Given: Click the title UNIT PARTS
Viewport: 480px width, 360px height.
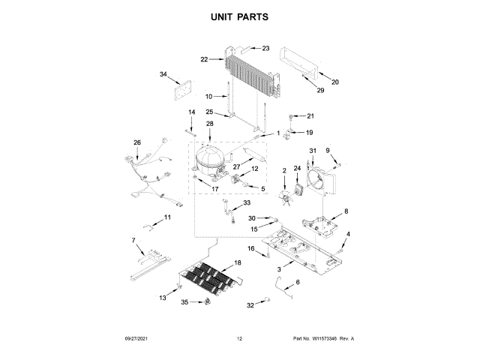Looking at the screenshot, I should tap(239, 16).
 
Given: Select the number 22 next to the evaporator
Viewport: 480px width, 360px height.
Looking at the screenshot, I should tap(203, 59).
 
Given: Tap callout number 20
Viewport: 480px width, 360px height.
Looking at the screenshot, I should tap(335, 82).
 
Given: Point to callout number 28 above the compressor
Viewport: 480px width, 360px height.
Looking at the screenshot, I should tap(210, 123).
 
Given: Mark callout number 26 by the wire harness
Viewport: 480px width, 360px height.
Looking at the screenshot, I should tap(136, 142).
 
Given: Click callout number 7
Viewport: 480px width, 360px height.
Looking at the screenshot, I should tap(133, 240).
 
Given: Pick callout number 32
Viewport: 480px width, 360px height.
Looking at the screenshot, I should tap(250, 305).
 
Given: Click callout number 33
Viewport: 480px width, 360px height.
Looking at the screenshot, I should tap(247, 203).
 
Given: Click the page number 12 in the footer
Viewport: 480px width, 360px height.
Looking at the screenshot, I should tap(240, 339).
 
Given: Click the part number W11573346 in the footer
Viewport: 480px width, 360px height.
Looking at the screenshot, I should tap(325, 339).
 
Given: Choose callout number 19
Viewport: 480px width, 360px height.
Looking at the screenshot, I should tap(309, 132).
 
